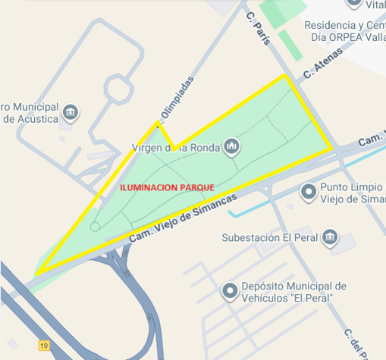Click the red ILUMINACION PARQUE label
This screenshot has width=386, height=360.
pyautogui.click(x=168, y=186)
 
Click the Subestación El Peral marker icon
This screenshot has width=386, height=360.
pyautogui.click(x=330, y=237)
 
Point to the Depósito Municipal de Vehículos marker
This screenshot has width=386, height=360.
pyautogui.click(x=229, y=291)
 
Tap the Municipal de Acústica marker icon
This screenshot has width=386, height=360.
pyautogui.click(x=71, y=112)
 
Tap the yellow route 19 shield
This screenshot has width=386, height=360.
pyautogui.click(x=44, y=346)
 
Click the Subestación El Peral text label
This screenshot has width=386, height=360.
pyautogui.click(x=265, y=237)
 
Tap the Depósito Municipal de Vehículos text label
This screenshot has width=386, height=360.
pyautogui.click(x=293, y=292)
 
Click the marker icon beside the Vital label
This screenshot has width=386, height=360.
pyautogui.click(x=353, y=3)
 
